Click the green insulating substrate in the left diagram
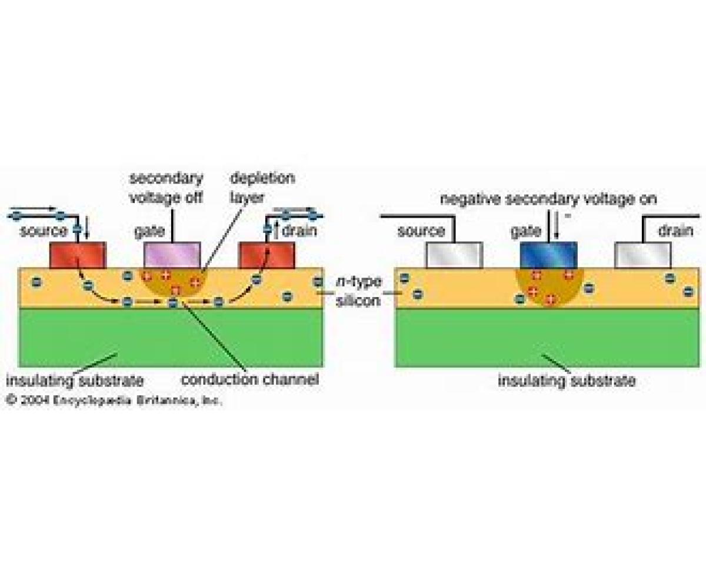(171, 338)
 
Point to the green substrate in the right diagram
(547, 338)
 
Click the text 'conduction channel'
(249, 380)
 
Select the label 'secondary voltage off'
(166, 187)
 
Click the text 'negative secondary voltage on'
(548, 199)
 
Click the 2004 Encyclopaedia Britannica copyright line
(114, 401)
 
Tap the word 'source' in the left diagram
(44, 231)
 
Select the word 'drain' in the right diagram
(675, 231)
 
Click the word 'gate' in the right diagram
(525, 231)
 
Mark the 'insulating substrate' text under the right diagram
(567, 381)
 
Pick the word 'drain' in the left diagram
(299, 231)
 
